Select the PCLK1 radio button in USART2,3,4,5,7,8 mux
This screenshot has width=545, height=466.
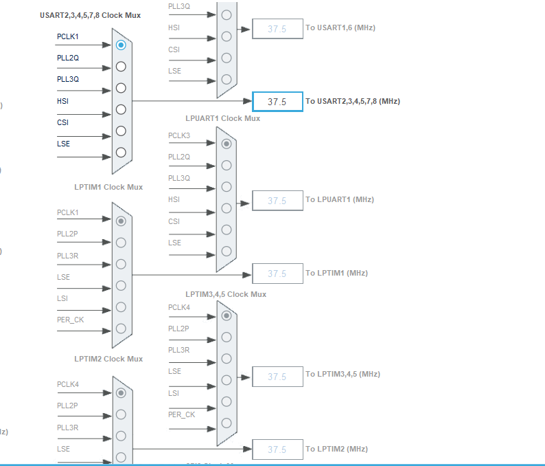click(121, 45)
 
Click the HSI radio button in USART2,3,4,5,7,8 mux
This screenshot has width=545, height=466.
click(121, 109)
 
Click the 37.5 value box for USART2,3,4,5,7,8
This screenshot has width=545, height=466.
click(277, 102)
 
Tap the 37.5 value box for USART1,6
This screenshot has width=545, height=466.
click(277, 29)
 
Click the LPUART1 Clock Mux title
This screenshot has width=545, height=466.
click(223, 118)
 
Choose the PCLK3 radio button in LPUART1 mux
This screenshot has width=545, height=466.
click(227, 144)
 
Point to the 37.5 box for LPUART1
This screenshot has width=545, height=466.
click(277, 201)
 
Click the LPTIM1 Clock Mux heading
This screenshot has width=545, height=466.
click(108, 187)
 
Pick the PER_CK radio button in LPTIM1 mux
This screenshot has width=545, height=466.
click(121, 328)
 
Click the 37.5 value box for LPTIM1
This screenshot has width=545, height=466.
click(277, 274)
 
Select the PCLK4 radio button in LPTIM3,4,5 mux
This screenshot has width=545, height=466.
click(227, 315)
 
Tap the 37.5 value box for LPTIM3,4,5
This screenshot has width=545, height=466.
click(277, 377)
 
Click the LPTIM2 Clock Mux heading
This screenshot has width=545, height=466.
click(108, 359)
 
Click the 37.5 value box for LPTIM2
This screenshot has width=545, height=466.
click(277, 450)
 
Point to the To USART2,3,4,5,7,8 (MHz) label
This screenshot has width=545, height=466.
click(353, 102)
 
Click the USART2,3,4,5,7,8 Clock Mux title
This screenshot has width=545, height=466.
click(91, 15)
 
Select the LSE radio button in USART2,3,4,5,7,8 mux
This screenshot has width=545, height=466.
click(121, 153)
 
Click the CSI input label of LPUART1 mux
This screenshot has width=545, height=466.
click(174, 221)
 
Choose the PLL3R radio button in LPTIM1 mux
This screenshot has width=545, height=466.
click(121, 264)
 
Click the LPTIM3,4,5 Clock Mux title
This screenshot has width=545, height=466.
click(226, 294)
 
